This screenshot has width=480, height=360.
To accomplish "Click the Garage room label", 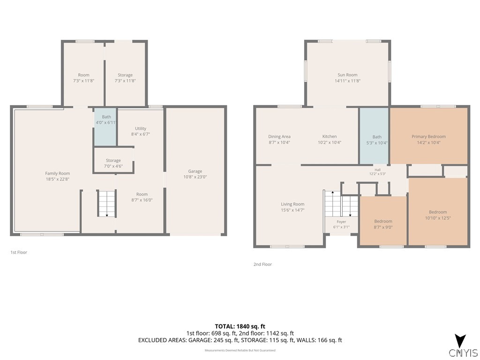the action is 195,171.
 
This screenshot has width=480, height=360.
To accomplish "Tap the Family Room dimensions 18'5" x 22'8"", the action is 58,179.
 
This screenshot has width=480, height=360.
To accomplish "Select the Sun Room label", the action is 347,75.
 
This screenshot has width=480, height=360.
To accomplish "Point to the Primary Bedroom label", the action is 428,136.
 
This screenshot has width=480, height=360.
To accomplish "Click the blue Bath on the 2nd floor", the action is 374,136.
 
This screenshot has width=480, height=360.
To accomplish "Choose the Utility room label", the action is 141,128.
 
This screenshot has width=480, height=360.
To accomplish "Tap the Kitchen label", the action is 330,136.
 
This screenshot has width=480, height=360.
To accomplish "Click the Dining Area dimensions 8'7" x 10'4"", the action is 279,142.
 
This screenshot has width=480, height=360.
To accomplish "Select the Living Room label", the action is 292,204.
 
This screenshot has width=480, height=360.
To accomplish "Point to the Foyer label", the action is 341,222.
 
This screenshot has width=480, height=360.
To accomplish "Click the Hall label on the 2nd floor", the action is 377,170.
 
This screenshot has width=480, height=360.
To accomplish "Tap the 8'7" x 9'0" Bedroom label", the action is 383,221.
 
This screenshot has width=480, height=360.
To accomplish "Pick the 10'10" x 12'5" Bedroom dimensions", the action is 438,218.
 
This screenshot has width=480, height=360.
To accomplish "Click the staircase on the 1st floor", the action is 107,203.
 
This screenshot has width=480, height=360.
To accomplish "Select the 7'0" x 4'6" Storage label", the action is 113,160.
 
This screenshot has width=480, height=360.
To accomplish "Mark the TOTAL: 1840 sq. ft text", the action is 240,326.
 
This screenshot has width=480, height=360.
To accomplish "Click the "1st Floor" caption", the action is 19,252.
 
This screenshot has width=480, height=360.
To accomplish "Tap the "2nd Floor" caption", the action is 262,264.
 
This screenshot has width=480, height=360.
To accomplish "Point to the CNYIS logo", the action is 463,346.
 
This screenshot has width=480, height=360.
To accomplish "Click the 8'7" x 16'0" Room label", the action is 142,194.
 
